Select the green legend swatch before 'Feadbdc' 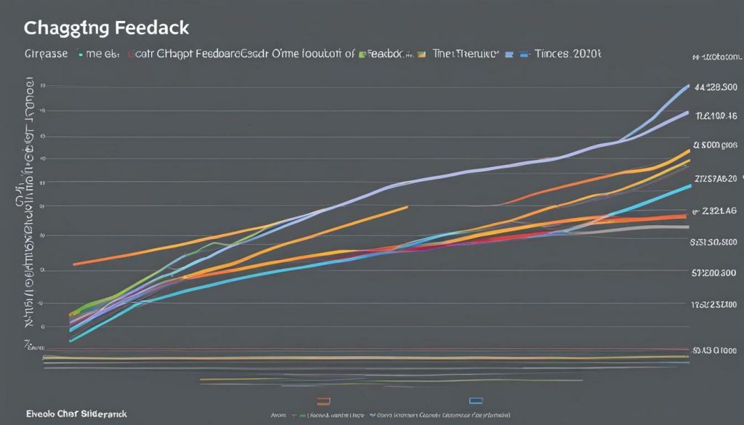pos(363,54)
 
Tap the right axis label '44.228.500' pos(716,86)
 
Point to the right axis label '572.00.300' pos(713,273)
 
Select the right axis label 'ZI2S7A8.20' pos(716,179)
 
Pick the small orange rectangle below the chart pos(324,400)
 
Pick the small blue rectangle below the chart pos(477,400)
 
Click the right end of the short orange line pos(407,207)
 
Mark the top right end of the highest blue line pos(688,86)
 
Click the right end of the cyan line pos(690,186)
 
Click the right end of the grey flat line pos(688,227)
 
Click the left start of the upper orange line pos(75,264)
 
